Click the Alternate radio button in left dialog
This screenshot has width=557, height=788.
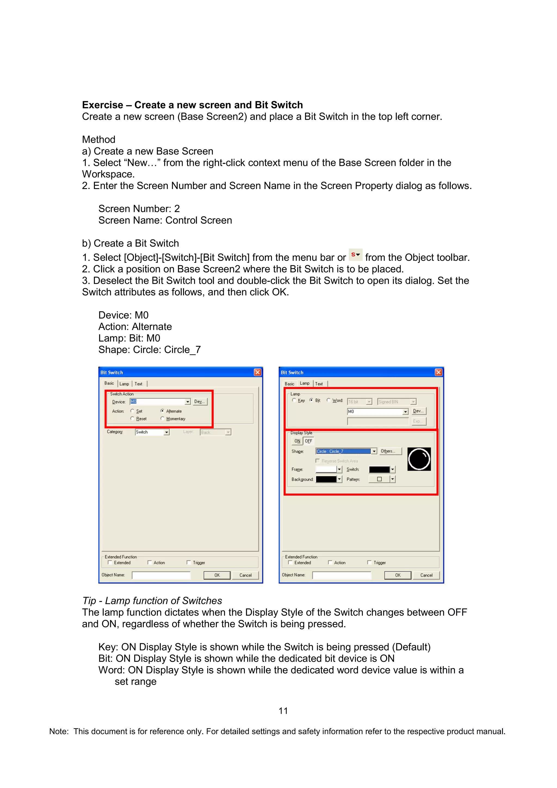tap(162, 411)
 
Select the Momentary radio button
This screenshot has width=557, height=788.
tap(162, 418)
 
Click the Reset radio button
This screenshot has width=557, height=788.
tap(132, 418)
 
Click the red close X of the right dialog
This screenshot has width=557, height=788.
tap(438, 372)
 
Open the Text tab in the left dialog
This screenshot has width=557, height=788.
tap(138, 384)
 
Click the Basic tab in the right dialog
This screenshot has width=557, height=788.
tap(289, 384)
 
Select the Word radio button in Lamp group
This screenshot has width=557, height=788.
tap(329, 400)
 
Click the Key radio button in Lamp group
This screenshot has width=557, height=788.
tap(294, 400)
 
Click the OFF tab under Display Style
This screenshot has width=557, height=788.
tap(308, 441)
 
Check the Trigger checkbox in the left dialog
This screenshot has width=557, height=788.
tap(189, 563)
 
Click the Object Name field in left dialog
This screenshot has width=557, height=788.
tap(161, 575)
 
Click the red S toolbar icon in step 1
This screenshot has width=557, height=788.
tap(355, 255)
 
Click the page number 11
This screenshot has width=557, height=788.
tap(283, 711)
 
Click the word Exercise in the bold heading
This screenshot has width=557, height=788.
tap(102, 105)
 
